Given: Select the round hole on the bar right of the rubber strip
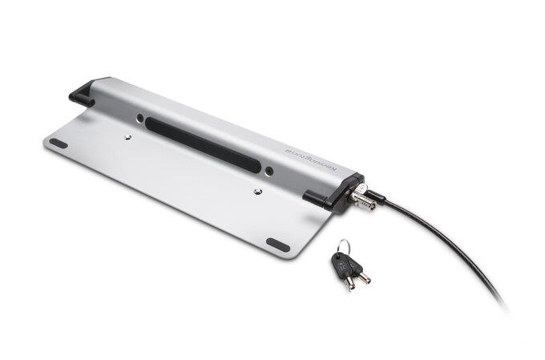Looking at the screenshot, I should click(269, 170).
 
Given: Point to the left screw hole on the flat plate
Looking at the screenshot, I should click(127, 137).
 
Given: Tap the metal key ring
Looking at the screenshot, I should click(343, 245).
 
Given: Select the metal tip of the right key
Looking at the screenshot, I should click(364, 277).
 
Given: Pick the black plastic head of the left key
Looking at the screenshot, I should click(336, 264).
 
